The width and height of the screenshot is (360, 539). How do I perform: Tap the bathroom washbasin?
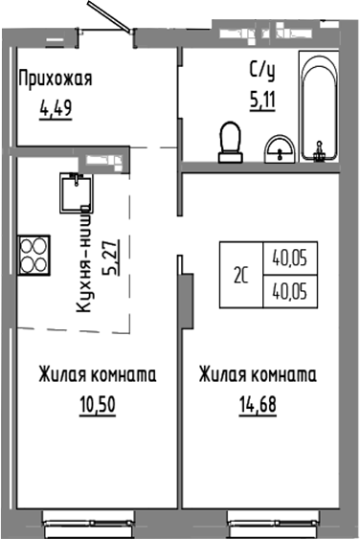tap(279, 148)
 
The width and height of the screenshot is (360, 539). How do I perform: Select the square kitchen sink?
tap(73, 191)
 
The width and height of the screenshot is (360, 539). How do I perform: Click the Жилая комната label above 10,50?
tap(97, 374)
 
